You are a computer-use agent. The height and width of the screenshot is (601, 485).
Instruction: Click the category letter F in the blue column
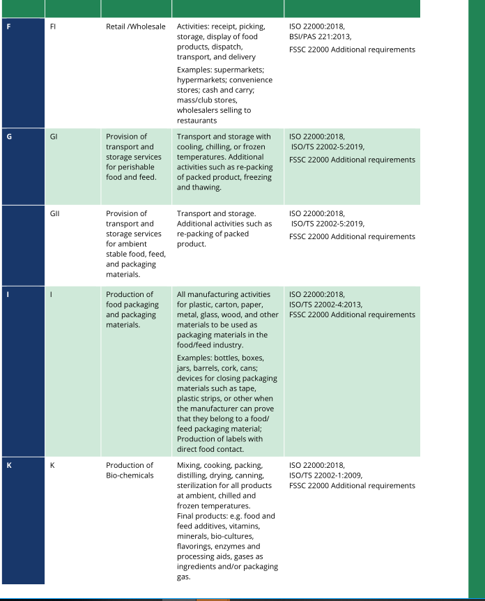[9, 27]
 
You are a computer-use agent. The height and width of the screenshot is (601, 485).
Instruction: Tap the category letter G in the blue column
[9, 137]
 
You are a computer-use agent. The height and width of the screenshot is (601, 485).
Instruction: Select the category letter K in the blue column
[9, 465]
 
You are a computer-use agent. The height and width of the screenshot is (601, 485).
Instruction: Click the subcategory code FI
[54, 27]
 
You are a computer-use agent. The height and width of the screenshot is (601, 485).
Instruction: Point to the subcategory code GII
[55, 213]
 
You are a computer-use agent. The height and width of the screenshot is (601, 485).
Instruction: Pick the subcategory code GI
[54, 137]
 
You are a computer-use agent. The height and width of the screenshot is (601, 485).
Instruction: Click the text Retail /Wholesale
[136, 27]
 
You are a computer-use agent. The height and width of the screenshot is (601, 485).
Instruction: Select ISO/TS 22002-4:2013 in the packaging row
[325, 305]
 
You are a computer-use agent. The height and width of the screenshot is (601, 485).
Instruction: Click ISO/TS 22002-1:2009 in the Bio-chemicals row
[325, 476]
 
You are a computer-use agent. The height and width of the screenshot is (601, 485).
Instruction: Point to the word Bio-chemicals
[130, 476]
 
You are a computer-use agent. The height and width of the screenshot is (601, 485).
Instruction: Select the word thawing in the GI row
[208, 187]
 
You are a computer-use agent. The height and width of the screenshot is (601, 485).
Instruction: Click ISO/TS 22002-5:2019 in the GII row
[328, 224]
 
